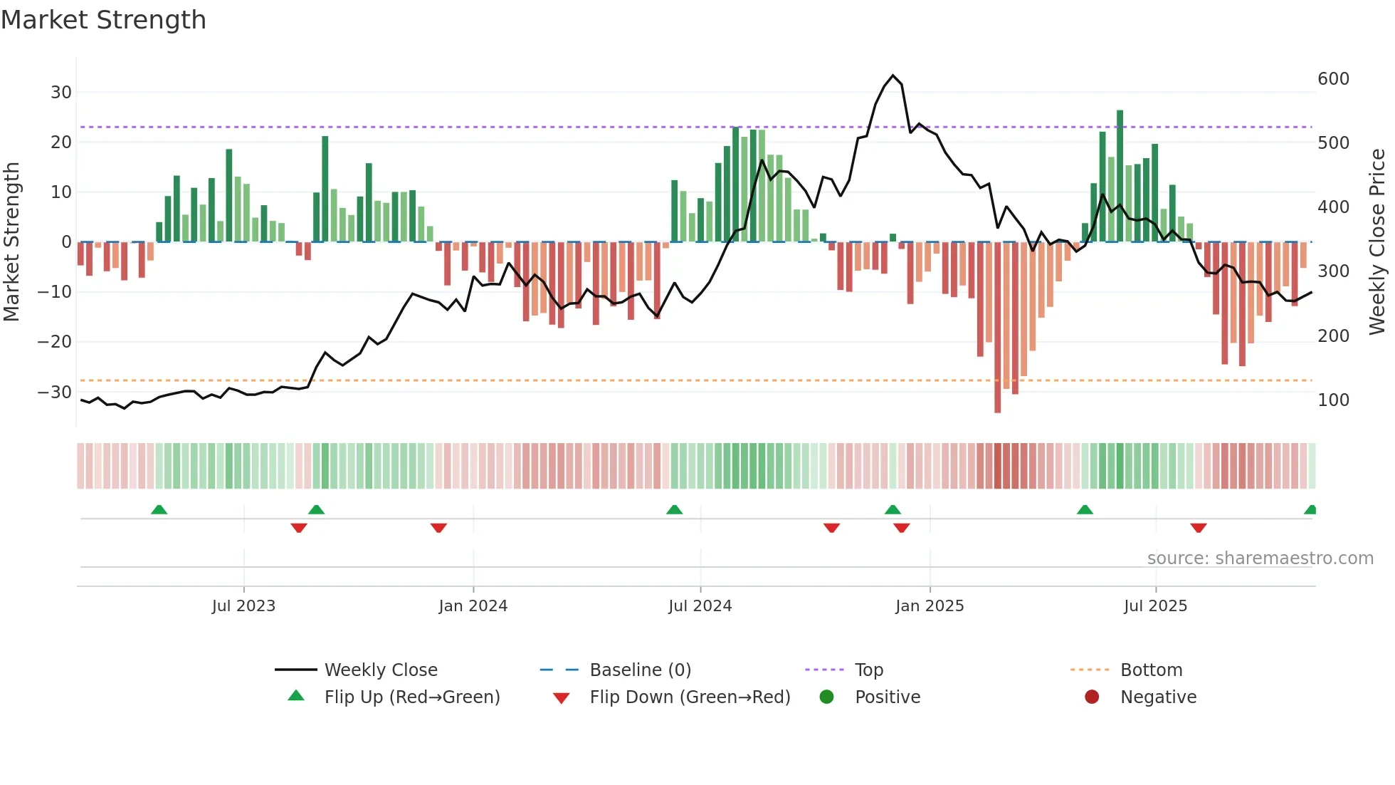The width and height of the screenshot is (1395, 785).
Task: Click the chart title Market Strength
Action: (x=103, y=20)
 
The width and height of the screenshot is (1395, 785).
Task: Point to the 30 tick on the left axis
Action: (x=60, y=93)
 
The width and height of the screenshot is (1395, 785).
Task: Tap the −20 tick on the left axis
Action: (x=55, y=342)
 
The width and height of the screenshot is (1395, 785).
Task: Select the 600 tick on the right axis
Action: (x=1333, y=79)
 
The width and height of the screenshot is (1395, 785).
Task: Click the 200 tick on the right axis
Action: (x=1333, y=336)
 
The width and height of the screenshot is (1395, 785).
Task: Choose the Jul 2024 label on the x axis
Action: (x=700, y=606)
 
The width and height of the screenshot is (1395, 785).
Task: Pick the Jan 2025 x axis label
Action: (x=930, y=606)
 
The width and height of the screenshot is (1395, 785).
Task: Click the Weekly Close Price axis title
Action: (x=1377, y=242)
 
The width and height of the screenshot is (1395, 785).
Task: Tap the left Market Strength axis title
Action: (x=12, y=242)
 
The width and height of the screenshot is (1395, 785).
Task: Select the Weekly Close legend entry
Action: (x=381, y=670)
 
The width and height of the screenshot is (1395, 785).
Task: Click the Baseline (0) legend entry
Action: (x=640, y=670)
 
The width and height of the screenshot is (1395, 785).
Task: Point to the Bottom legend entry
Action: (x=1151, y=670)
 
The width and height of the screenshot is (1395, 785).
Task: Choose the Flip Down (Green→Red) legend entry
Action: (x=690, y=697)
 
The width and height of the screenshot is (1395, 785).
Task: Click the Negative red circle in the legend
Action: (x=1092, y=697)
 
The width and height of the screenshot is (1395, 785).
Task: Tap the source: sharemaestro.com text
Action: (x=1260, y=558)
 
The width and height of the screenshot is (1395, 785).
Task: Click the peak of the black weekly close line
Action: (x=893, y=76)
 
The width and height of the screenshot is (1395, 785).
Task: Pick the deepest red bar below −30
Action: (x=997, y=328)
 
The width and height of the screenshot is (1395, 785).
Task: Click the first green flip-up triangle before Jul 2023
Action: (x=159, y=510)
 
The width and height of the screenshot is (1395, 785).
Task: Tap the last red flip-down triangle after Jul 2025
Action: (x=1199, y=528)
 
